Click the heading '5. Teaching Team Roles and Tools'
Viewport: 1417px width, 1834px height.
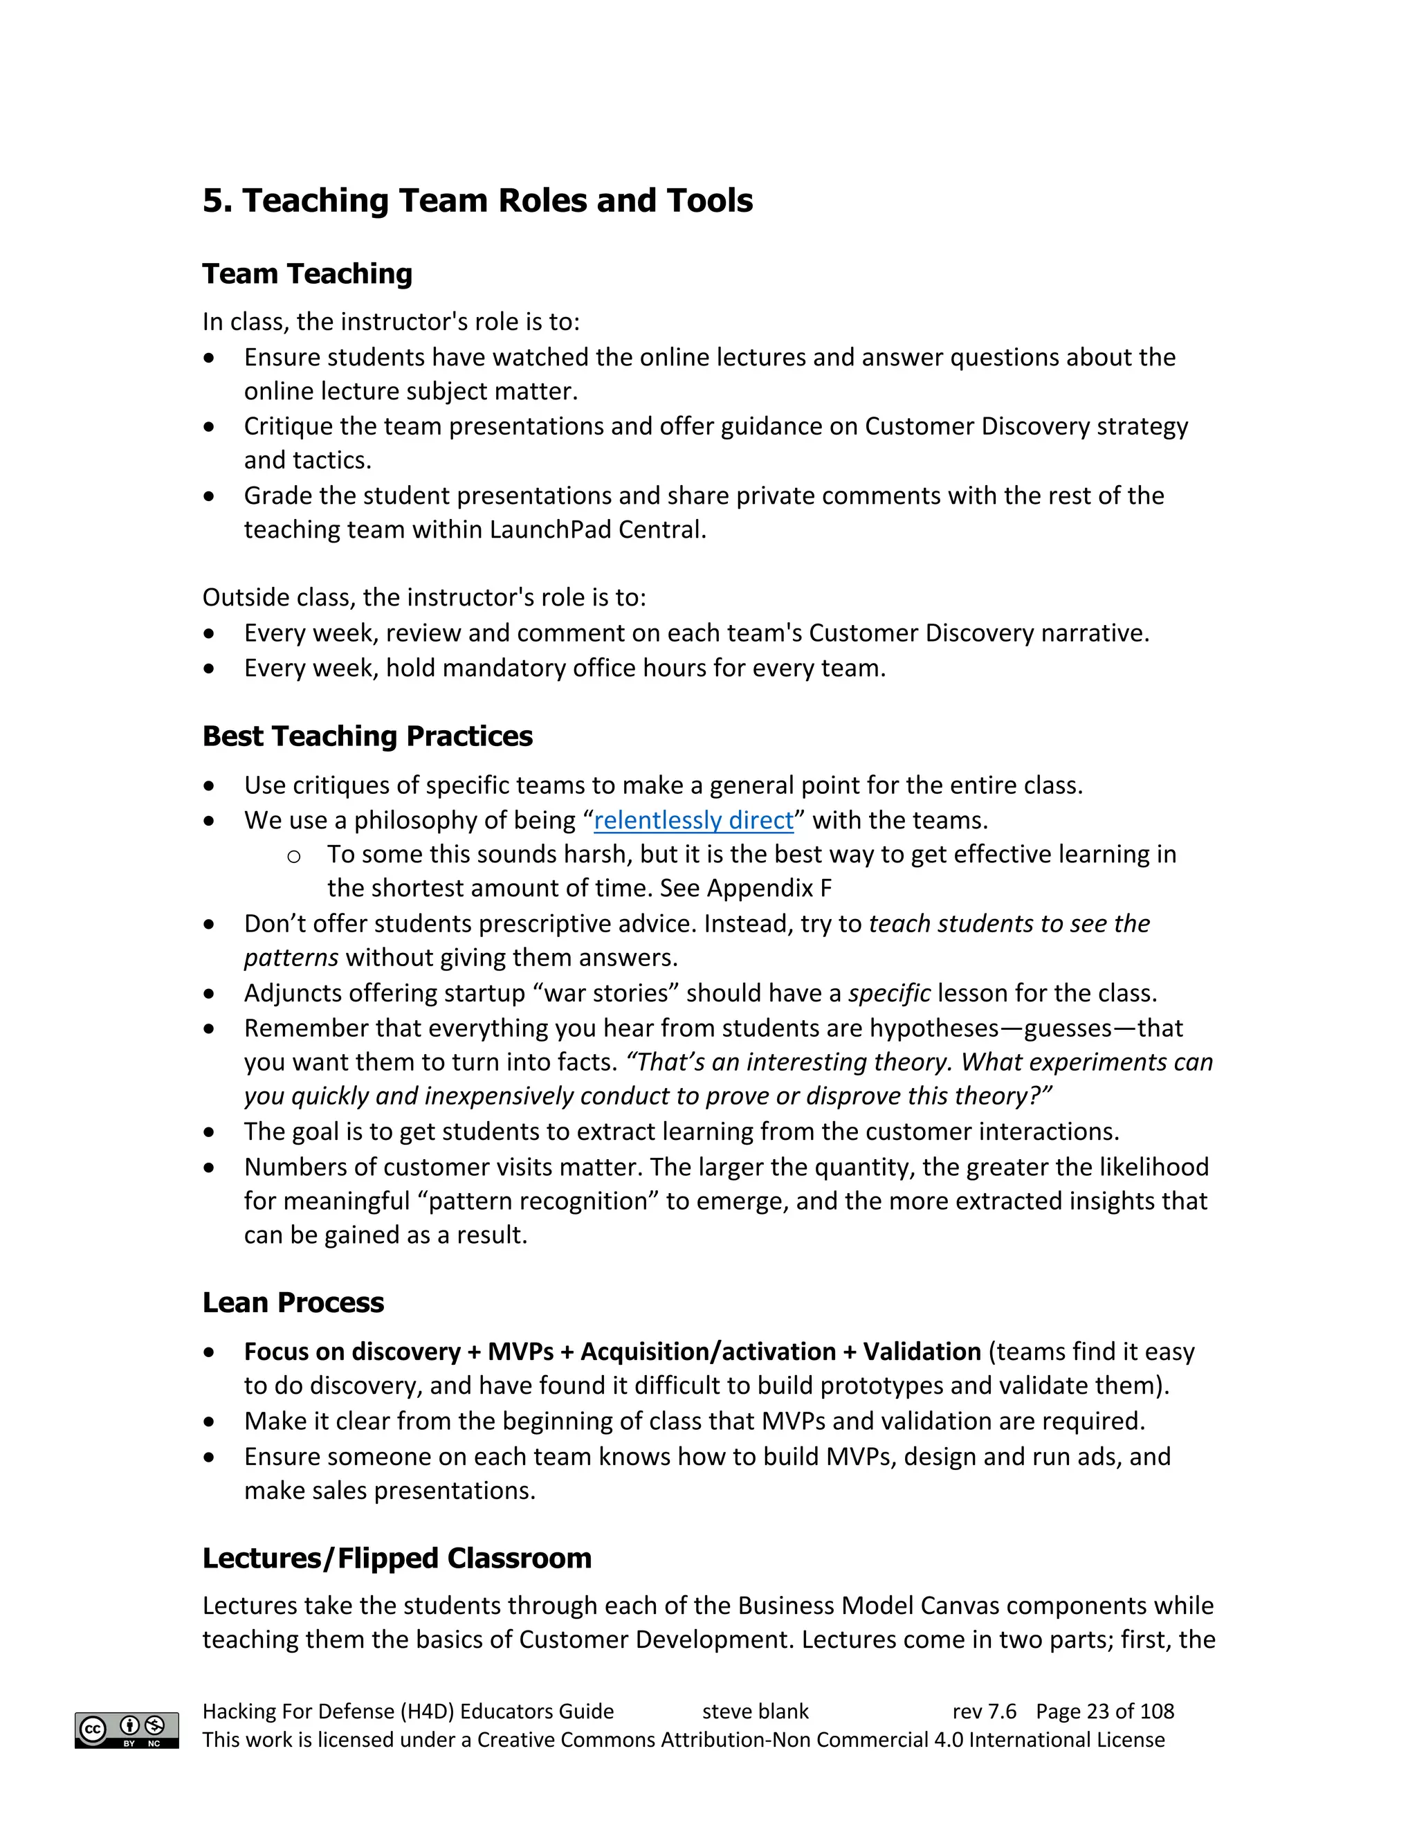coord(477,201)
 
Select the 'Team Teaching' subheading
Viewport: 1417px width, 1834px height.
coord(307,274)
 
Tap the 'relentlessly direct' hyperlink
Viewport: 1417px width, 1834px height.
coord(693,819)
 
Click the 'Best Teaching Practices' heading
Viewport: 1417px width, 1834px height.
coord(367,736)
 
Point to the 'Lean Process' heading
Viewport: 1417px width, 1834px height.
coord(293,1302)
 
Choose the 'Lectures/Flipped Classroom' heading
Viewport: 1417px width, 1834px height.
coord(396,1558)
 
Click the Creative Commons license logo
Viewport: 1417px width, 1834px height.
coord(127,1730)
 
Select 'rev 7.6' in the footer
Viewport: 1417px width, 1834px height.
coord(984,1712)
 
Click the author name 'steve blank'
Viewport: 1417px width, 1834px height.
coord(755,1712)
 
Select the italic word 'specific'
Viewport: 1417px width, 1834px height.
coord(888,993)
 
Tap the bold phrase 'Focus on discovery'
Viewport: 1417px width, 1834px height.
coord(351,1351)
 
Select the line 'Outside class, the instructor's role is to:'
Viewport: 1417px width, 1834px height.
coord(424,597)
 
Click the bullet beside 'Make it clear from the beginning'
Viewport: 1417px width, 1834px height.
coord(209,1422)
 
